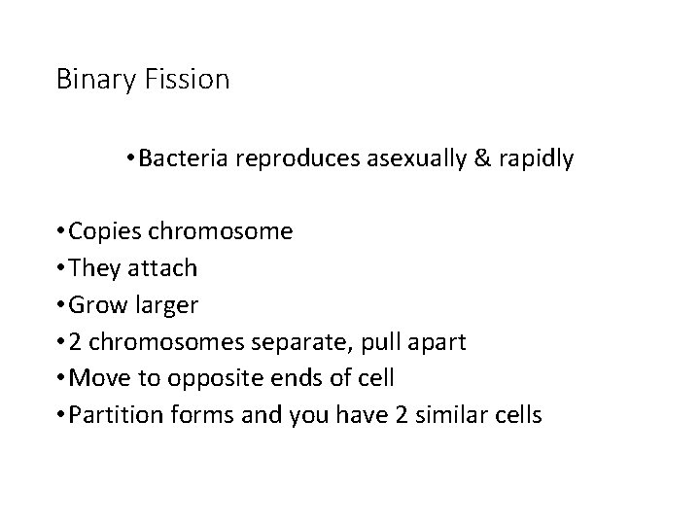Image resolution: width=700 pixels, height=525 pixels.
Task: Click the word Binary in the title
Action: tap(90, 80)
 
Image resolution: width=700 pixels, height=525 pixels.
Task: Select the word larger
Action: tap(164, 306)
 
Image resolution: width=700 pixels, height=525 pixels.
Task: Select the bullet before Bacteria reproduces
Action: tap(131, 157)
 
